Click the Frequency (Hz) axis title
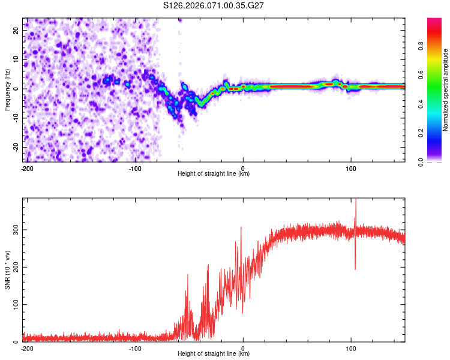(7, 89)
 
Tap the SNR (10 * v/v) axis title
(7, 269)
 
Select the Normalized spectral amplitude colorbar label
(445, 89)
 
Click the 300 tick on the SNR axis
(16, 230)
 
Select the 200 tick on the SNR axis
(16, 267)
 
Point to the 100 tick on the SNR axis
(16, 305)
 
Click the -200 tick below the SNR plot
(26, 348)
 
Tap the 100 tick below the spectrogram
(351, 168)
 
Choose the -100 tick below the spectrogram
(134, 168)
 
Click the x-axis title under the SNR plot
(214, 354)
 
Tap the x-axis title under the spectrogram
(214, 174)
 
